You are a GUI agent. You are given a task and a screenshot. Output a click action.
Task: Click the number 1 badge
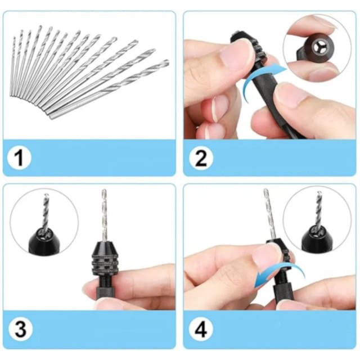click(x=19, y=157)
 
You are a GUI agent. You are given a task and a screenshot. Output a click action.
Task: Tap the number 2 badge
click(x=201, y=157)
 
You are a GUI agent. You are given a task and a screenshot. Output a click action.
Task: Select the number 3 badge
click(x=20, y=328)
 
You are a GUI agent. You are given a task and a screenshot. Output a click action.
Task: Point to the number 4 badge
click(x=201, y=328)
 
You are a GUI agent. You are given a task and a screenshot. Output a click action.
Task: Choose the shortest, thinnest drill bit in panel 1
click(x=12, y=66)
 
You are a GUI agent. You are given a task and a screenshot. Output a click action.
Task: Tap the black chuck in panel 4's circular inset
click(x=317, y=238)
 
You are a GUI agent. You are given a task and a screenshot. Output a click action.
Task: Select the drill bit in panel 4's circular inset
click(x=318, y=210)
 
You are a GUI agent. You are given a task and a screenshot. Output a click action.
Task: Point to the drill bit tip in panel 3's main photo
click(x=104, y=190)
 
